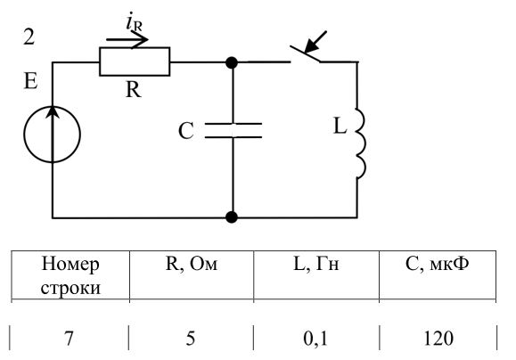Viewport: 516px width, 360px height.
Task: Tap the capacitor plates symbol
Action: (x=233, y=130)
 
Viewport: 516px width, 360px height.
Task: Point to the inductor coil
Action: (x=361, y=143)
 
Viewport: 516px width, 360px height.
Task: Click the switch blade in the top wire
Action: (x=305, y=54)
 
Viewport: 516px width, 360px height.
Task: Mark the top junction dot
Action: (x=232, y=62)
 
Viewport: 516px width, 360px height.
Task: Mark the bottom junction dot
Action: (x=232, y=217)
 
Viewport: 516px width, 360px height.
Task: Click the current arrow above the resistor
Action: (x=127, y=40)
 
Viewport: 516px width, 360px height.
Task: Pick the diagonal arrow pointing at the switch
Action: (x=315, y=42)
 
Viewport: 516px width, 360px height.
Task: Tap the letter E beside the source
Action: (x=31, y=80)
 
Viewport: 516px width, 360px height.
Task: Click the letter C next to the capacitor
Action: (x=186, y=131)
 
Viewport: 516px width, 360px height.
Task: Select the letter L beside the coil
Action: (x=340, y=126)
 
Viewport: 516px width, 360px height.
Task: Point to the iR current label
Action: (x=135, y=23)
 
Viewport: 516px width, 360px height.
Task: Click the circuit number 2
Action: (x=29, y=37)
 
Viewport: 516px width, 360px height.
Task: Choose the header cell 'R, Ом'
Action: (x=192, y=264)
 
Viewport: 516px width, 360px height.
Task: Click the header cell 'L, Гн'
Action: (x=315, y=264)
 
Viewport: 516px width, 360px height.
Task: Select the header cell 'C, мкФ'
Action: (x=438, y=263)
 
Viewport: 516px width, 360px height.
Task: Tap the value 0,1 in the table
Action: (x=315, y=339)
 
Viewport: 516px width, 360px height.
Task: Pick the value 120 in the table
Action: (x=438, y=339)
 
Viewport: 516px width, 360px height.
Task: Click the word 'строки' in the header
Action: (x=70, y=288)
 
